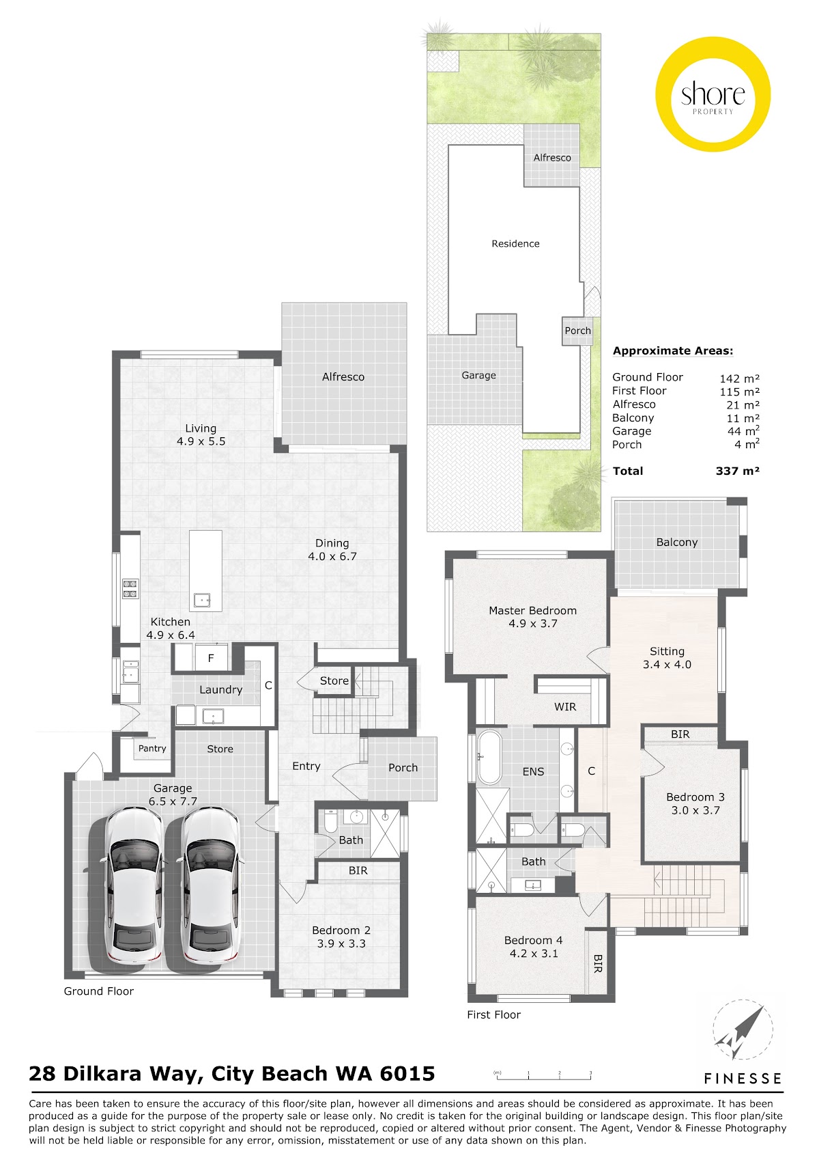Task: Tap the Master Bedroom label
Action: tap(532, 611)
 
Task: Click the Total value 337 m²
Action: tap(737, 471)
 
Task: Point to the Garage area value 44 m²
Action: tap(743, 431)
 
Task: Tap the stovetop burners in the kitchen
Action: tap(130, 589)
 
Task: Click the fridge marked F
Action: tap(211, 658)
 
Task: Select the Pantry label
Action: tap(152, 748)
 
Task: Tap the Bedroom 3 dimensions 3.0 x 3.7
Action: tap(695, 810)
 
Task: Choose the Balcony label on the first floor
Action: tap(677, 542)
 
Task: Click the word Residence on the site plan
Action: tap(515, 243)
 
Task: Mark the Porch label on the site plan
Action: tap(577, 331)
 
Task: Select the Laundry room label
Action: tap(221, 690)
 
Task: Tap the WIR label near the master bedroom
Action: tap(565, 706)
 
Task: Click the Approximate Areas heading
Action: tap(672, 350)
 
